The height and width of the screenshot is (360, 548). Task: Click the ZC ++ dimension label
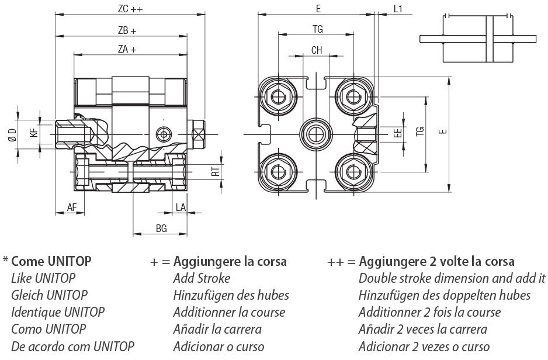(130, 9)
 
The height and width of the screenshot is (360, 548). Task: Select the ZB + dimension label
(127, 31)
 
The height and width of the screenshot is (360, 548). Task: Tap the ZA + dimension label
(127, 49)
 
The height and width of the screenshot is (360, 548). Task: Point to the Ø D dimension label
(13, 135)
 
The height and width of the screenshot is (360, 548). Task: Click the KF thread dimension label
(34, 133)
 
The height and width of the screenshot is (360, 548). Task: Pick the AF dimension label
(72, 207)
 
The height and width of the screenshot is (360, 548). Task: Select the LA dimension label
(181, 207)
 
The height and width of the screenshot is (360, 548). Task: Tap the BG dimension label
(161, 229)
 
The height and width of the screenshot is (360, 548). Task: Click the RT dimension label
(216, 172)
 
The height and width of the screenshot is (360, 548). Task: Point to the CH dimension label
(317, 50)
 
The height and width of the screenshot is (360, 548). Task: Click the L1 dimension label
(398, 9)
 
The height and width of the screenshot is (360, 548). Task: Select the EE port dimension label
(398, 133)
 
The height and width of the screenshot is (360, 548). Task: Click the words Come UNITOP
(51, 261)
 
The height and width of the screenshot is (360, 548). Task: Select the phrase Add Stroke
(202, 279)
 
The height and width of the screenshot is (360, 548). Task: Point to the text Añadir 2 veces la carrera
(423, 329)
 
